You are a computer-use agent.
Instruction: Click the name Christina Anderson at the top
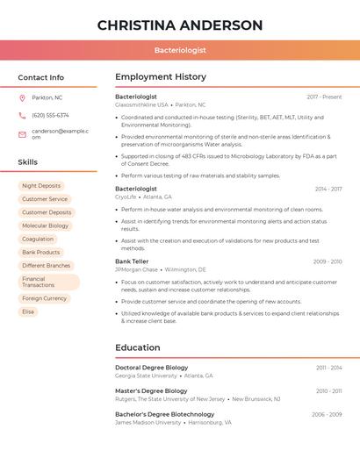pos(180,25)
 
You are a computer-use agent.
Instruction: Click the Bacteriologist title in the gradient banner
pos(180,50)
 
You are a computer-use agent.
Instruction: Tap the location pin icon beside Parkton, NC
pos(22,97)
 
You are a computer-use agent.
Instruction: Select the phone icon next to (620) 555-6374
pos(22,115)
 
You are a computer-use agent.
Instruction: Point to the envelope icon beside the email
pos(22,134)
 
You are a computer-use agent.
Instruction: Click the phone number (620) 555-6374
pos(50,115)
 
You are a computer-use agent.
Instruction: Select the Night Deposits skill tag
pos(41,186)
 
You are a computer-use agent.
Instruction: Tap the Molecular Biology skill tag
pos(45,225)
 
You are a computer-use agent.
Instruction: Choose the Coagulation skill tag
pos(38,239)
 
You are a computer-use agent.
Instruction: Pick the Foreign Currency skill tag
pos(44,298)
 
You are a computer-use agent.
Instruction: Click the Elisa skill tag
pos(28,311)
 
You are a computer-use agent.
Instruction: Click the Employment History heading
pos(161,77)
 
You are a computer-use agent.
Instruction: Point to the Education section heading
pos(138,347)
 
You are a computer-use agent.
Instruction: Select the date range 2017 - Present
pos(324,97)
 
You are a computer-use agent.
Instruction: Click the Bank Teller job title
pos(132,261)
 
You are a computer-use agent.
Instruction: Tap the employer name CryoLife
pos(126,197)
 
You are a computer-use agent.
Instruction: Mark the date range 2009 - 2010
pos(328,261)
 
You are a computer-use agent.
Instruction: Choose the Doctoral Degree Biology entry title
pos(151,368)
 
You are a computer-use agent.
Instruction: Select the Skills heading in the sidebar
pos(28,162)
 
